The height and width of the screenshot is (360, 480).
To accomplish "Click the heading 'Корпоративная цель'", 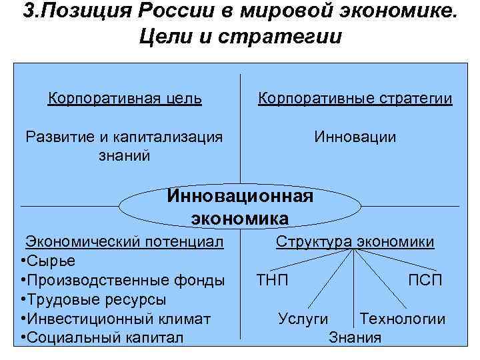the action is point(125,99).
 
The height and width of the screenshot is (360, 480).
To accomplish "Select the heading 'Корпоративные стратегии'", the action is point(355,99).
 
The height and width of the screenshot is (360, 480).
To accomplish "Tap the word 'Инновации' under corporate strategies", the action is point(355,137).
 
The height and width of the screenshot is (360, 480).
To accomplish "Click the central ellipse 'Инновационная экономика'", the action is point(240,207).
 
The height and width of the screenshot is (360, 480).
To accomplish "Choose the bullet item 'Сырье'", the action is point(50,261).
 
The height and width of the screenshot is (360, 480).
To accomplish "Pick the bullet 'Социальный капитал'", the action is point(104,337).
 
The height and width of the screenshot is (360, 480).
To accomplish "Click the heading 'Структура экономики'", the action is point(355,241).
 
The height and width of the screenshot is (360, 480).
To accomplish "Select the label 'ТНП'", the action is point(273,280).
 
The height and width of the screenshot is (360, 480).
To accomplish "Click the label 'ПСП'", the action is point(425,280).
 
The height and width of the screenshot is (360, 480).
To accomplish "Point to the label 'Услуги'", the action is point(303,319).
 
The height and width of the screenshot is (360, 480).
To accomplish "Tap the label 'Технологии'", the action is point(402,319).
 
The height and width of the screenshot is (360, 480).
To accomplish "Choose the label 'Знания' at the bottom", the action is point(355,337).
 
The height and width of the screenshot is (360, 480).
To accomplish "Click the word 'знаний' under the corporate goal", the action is point(124,156).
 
